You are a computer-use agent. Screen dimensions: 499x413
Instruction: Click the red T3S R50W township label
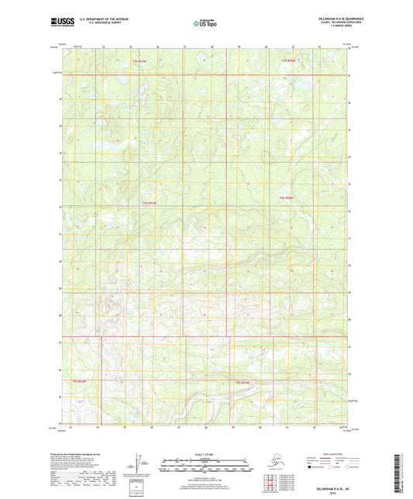point(288,60)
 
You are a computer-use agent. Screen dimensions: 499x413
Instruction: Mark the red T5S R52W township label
point(79,382)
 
